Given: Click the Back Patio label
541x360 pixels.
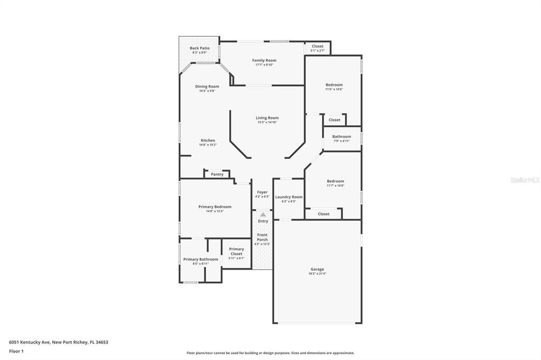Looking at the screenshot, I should (200, 48).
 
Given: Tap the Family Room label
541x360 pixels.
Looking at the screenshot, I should (264, 60).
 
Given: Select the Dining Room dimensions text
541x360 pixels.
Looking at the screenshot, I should (207, 91).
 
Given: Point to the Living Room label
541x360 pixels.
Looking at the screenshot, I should (267, 118).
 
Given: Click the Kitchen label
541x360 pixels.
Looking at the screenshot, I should (208, 140).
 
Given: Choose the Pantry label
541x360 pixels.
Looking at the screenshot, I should (217, 174).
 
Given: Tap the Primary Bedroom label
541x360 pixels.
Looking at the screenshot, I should (215, 207).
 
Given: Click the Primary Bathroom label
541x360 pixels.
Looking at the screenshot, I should (201, 259).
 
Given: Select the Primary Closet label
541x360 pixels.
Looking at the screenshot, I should (237, 251).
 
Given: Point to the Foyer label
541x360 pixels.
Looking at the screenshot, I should (263, 192).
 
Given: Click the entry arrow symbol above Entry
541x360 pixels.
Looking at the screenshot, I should (263, 214).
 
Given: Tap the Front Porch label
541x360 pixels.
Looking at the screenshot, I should (263, 237).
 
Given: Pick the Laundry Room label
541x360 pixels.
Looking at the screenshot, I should (289, 197).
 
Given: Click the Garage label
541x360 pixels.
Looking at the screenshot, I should (318, 269).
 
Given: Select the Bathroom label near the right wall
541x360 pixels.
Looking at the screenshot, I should (342, 137).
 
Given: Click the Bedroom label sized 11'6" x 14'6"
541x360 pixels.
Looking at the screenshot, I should (334, 85).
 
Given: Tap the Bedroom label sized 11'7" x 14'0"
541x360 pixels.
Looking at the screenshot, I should (335, 181).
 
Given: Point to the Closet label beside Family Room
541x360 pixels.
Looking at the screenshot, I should (318, 46).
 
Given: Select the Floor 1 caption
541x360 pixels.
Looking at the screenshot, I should (17, 351).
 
